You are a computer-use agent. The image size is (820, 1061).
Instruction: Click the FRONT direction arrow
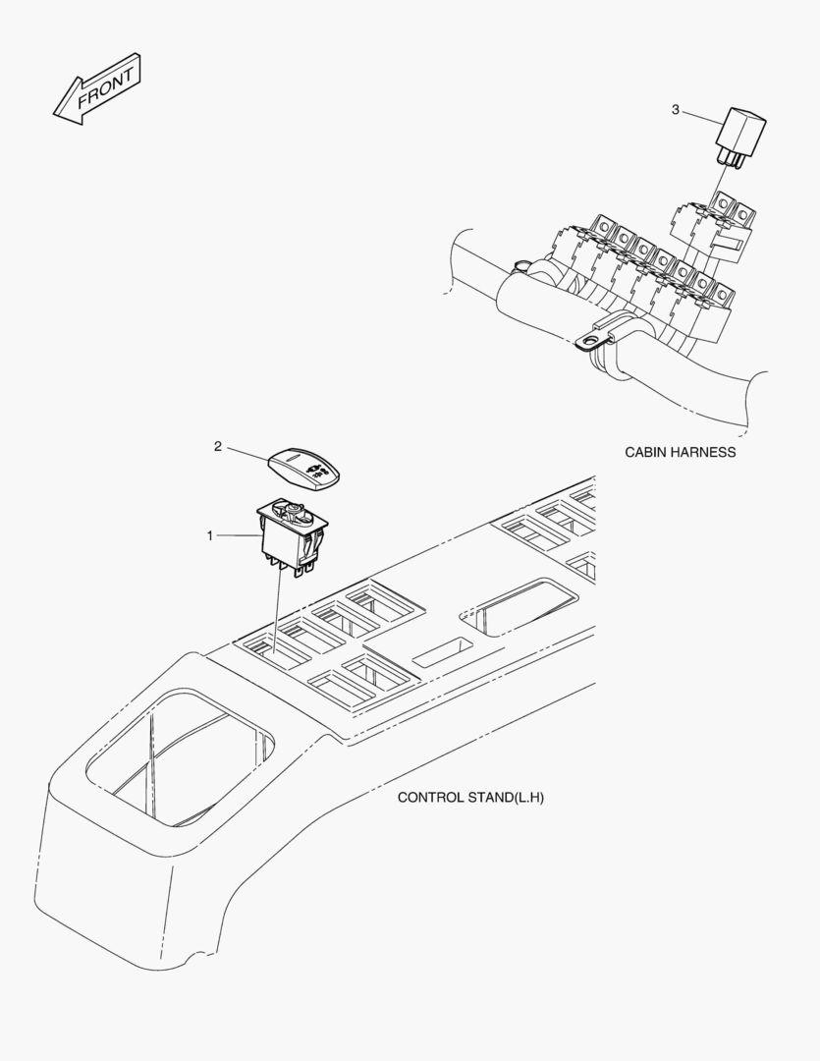[x=97, y=88]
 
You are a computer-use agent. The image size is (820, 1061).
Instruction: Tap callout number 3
[x=676, y=109]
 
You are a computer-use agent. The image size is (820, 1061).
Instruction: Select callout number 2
[x=218, y=447]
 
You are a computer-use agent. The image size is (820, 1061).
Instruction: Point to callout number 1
[x=210, y=535]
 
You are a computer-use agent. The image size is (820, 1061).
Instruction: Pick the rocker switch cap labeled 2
[x=304, y=469]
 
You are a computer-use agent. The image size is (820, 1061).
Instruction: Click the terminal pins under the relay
[x=728, y=160]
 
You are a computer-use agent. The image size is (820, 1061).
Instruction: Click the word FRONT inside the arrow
[x=105, y=87]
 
